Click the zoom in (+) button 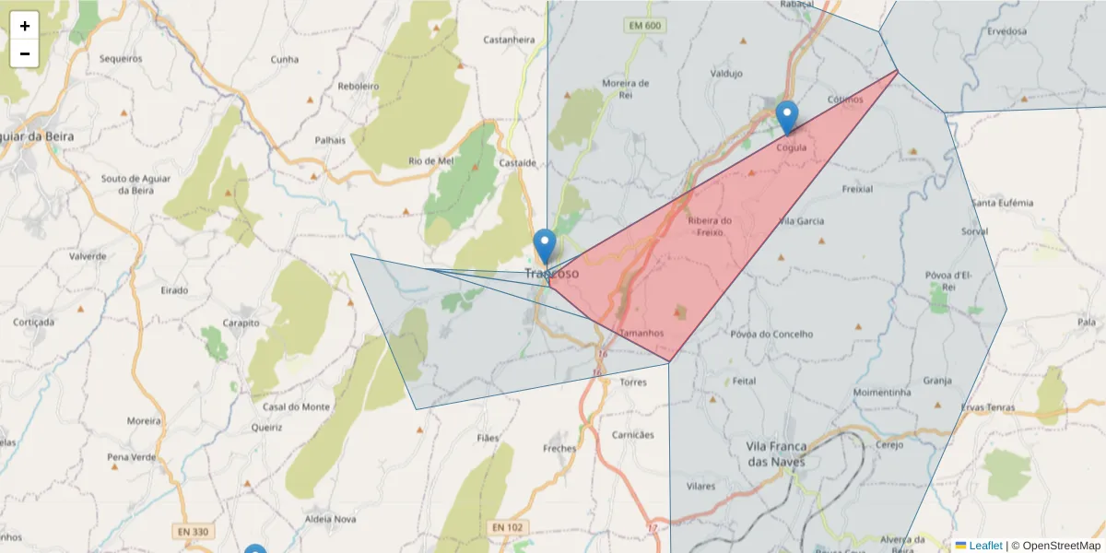coord(25,26)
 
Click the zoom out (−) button coord(25,53)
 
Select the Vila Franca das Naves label coord(775,453)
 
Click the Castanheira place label coord(509,40)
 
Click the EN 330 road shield coord(191,531)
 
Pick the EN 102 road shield coord(508,527)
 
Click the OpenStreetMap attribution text coord(1055,546)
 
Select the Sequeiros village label coord(121,58)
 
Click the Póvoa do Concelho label coord(771,334)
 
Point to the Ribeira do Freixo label coord(710,226)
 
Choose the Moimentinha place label coord(882,392)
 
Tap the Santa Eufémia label coord(1003,203)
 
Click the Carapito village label coord(241,324)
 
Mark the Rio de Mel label coord(431,160)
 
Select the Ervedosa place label coord(1006,30)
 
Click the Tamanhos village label coord(641,333)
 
